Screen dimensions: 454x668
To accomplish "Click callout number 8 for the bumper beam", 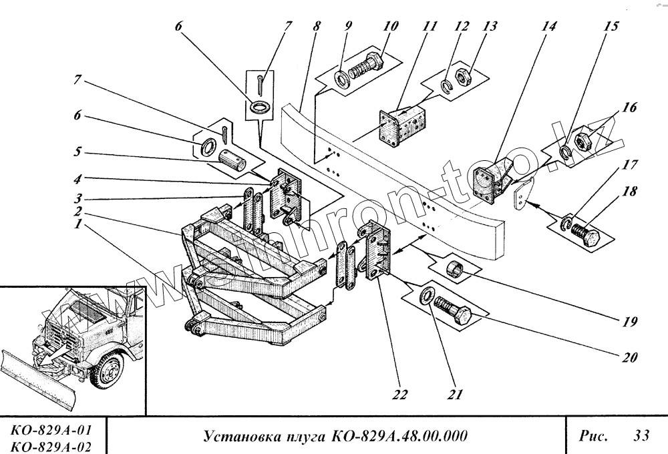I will coord(317,28).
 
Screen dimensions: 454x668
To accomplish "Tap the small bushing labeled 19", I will coord(457,271).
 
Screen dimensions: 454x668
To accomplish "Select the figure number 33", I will coord(641,437).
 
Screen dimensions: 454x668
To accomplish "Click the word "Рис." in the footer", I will coord(593,437).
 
